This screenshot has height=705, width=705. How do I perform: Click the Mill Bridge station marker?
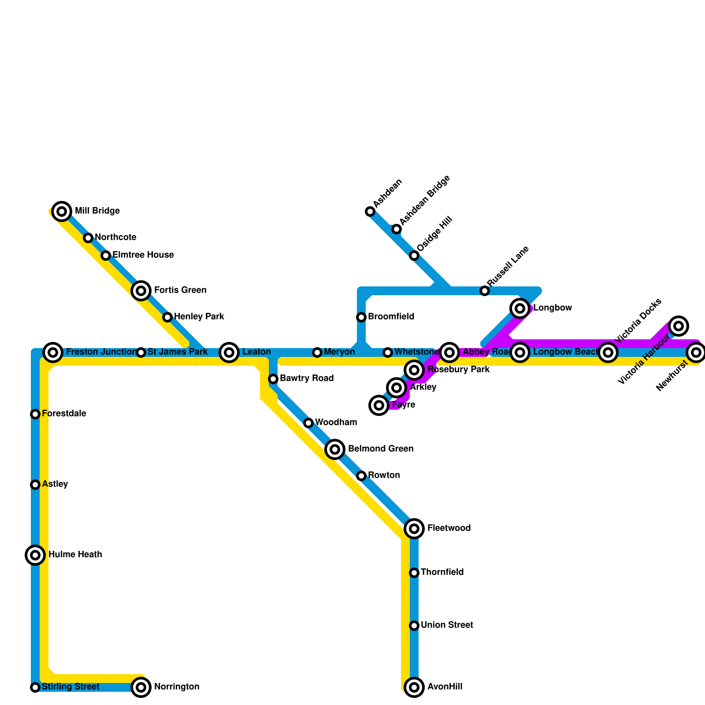(62, 211)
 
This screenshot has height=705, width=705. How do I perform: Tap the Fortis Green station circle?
(141, 291)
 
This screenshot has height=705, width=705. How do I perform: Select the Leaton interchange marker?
(229, 352)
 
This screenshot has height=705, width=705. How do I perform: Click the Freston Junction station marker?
(53, 352)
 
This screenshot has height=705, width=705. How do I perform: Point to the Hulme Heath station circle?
(35, 555)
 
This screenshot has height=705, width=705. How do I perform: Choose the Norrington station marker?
(141, 687)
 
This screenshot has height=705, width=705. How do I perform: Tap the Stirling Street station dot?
(35, 687)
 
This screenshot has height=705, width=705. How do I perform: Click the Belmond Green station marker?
(335, 449)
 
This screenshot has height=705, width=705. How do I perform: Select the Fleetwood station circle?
(414, 529)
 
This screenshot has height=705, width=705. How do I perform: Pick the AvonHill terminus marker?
(414, 687)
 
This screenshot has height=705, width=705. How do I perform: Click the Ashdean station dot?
(370, 212)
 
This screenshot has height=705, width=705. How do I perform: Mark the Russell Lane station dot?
(485, 291)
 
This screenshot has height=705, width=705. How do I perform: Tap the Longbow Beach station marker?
(520, 352)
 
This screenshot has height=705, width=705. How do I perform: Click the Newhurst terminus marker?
(696, 352)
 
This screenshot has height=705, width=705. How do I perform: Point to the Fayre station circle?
(379, 405)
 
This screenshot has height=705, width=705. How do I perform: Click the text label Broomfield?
(391, 317)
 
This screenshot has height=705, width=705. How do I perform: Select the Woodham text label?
(336, 423)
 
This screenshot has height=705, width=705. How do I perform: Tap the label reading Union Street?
(447, 625)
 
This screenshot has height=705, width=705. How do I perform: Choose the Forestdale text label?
(64, 414)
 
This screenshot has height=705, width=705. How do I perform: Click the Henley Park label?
(199, 317)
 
